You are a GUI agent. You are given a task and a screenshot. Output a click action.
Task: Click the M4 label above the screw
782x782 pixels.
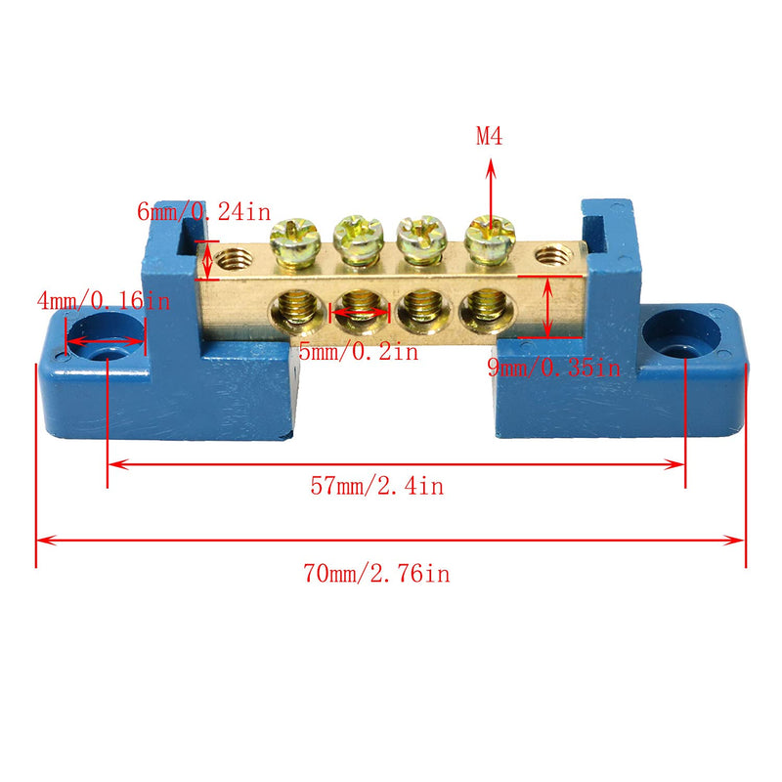click(x=490, y=137)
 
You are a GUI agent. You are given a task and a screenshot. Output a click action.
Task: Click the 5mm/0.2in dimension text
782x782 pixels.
click(x=359, y=352)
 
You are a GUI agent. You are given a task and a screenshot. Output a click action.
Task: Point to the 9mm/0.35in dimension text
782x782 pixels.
click(x=554, y=368)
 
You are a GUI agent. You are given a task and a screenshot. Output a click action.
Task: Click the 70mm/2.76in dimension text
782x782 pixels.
click(x=377, y=574)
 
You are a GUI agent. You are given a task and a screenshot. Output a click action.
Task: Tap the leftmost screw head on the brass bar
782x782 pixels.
click(x=292, y=236)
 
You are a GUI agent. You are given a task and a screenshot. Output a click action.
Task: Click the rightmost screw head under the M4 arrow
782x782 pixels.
click(x=489, y=235)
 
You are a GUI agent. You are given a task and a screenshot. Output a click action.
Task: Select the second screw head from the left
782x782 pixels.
click(x=355, y=236)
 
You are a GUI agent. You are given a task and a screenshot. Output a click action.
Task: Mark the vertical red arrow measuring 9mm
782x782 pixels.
click(x=547, y=307)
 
